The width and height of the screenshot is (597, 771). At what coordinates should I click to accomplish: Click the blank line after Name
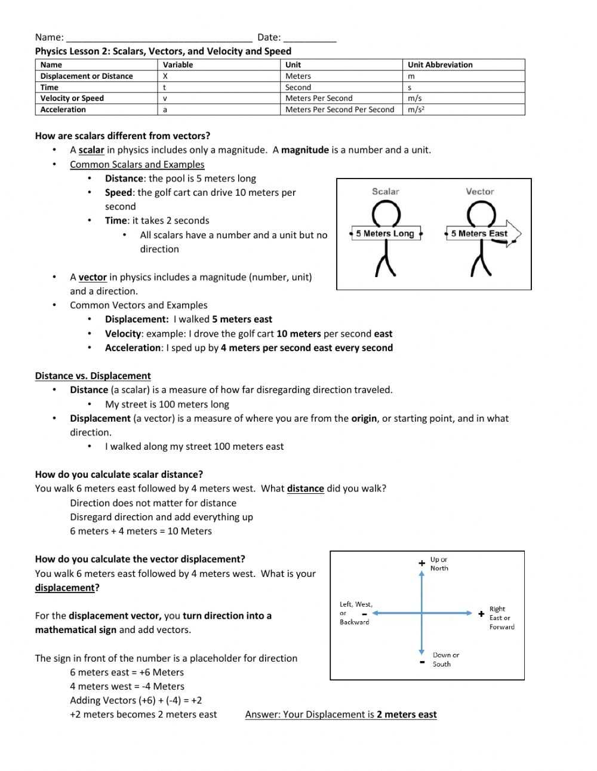point(159,38)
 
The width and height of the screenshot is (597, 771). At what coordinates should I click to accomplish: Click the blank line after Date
point(310,38)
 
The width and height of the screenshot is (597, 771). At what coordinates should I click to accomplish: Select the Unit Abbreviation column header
point(440,64)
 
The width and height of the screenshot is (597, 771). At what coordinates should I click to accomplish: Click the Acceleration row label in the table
point(63,109)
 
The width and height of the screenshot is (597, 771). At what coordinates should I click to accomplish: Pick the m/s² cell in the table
point(416,109)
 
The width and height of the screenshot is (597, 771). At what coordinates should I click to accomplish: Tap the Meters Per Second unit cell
point(319,98)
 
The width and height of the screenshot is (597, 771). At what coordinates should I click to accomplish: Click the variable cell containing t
point(165,87)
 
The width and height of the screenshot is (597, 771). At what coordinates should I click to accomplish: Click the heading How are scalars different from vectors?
point(122,136)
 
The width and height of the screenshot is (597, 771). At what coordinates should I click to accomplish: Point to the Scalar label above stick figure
point(385,192)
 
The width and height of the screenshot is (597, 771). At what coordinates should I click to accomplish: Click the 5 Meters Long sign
point(385,234)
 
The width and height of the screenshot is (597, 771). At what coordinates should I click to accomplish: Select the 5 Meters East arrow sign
point(482,234)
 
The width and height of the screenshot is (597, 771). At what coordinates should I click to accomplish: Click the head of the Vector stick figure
point(481,213)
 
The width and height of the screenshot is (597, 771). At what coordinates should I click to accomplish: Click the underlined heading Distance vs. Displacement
point(93,376)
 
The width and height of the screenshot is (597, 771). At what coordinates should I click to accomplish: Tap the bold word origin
point(364,418)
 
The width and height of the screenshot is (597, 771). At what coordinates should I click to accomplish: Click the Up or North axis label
point(439,564)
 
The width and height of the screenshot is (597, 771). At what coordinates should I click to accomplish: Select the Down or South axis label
point(445,659)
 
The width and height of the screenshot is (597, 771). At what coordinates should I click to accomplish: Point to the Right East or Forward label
point(501,618)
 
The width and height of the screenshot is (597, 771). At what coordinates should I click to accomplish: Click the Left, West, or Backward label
point(355,613)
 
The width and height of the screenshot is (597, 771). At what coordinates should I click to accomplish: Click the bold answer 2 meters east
point(407,714)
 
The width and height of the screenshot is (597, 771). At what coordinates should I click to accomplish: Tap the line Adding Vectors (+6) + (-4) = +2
point(136,700)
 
